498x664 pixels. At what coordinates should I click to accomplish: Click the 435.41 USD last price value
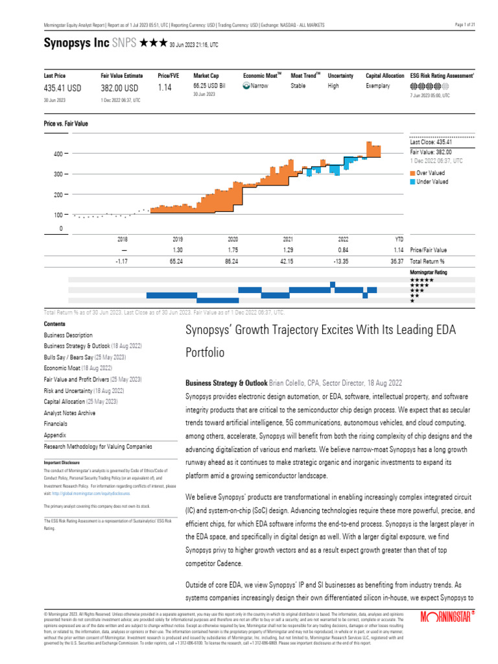click(62, 88)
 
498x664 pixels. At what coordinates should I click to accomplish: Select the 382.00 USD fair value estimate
click(119, 88)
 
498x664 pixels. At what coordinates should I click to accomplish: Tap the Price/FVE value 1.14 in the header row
click(165, 88)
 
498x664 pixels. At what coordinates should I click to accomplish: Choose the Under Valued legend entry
click(432, 182)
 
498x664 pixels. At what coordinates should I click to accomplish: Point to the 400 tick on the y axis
click(58, 154)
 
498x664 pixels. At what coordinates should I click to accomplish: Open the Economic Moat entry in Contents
click(64, 368)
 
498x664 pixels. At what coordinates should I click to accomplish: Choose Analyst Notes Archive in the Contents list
click(69, 412)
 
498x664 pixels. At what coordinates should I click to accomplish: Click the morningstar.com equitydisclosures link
click(89, 493)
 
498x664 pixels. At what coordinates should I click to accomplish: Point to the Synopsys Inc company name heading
click(76, 43)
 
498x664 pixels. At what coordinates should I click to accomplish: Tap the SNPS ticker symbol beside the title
click(124, 43)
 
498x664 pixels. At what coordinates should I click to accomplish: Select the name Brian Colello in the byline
click(289, 383)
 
